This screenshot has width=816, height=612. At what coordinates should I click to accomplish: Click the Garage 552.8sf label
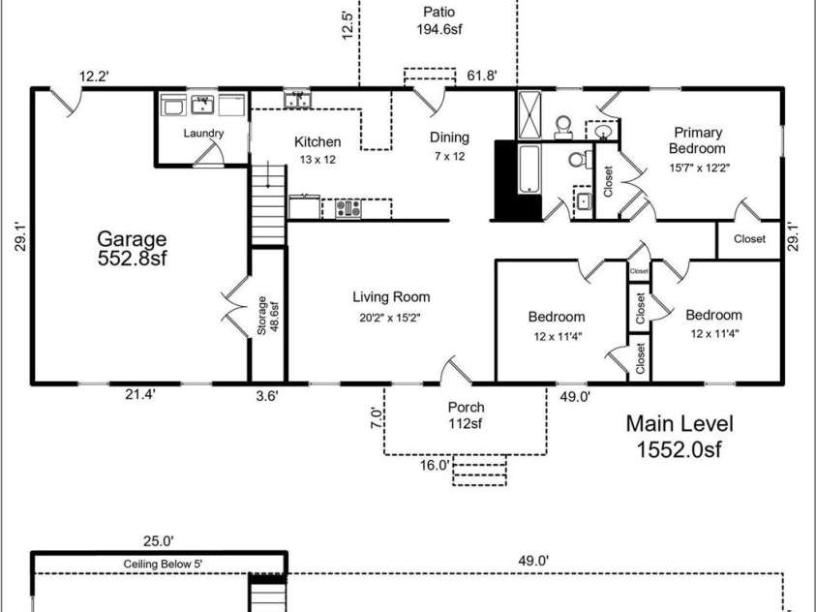point(133,249)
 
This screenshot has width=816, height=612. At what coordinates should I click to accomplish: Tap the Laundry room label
point(203,134)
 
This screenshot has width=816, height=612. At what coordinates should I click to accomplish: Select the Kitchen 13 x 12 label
point(317,150)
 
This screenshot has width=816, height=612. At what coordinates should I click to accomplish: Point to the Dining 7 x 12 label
point(450,146)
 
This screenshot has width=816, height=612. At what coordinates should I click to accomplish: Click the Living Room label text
point(391,297)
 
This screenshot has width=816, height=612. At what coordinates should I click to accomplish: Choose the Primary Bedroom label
point(697,140)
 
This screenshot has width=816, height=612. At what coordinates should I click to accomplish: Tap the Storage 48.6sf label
point(268,316)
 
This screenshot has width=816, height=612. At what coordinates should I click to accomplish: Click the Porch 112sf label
point(466,415)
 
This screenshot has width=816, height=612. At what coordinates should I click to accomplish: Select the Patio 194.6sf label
point(439,20)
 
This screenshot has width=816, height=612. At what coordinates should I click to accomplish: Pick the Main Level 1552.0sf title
point(680,436)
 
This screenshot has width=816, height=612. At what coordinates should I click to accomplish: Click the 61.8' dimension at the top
point(482,76)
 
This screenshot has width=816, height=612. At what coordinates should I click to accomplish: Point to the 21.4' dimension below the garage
point(140,395)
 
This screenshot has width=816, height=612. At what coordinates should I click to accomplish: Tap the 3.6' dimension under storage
point(267,396)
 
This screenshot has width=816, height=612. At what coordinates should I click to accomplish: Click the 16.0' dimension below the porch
point(435,465)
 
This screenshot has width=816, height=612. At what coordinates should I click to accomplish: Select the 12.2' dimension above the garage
point(94,76)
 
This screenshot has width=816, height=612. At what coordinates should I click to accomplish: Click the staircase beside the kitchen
point(268,205)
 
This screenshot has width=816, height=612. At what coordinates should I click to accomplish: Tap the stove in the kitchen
point(348,209)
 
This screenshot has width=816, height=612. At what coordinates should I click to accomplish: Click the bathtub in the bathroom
point(529,169)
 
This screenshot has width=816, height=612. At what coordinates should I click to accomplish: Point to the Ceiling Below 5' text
point(163,565)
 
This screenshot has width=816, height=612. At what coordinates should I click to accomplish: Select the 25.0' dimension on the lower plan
point(158,541)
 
